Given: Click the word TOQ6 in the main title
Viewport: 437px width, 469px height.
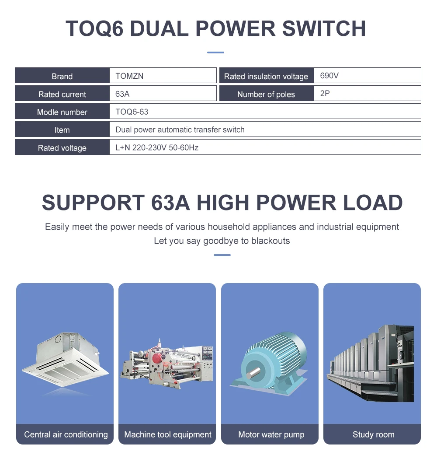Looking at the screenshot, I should [94, 28].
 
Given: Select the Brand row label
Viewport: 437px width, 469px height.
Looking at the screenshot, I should [62, 76].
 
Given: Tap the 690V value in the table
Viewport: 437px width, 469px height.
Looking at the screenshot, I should [329, 76].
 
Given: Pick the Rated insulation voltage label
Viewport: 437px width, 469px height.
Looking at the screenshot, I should [266, 77].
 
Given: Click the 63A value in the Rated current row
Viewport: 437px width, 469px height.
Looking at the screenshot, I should [122, 94].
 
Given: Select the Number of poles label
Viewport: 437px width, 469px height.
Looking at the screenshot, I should [266, 94].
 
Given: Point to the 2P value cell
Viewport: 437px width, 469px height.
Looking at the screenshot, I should [325, 93].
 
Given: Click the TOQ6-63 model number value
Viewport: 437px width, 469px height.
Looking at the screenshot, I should [132, 112].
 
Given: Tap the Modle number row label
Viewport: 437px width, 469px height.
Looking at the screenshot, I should [62, 112].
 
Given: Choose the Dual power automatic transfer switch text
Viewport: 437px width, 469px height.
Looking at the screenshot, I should [180, 129].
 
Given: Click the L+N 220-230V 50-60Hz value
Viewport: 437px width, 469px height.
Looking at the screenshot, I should [156, 147].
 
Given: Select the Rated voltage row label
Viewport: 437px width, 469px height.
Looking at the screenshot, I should [62, 148].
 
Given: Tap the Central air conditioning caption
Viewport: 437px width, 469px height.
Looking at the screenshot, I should [66, 434].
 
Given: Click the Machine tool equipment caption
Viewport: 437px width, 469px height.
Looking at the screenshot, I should [167, 434].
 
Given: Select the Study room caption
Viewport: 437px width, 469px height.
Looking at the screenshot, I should [373, 434].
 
